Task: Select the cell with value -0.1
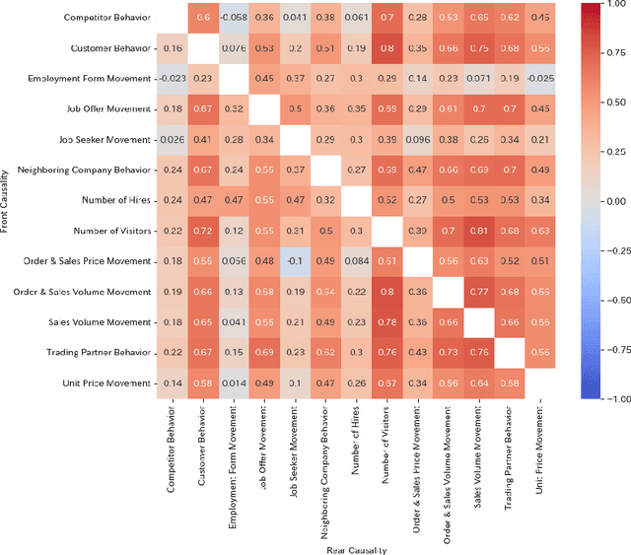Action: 295,261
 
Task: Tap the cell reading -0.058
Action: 234,17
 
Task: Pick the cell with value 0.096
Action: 417,139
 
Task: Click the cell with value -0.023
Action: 173,78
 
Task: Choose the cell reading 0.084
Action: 356,261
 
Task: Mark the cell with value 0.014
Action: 234,383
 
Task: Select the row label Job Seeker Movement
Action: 105,139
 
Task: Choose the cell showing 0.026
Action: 173,139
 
